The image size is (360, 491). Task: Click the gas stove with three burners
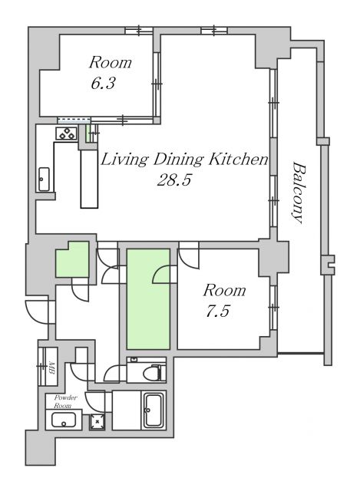click(67, 133)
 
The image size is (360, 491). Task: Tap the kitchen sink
click(44, 179)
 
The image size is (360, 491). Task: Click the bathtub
click(154, 410)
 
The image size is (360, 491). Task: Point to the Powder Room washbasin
click(64, 420)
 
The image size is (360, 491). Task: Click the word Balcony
click(299, 193)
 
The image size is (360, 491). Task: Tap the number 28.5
click(173, 180)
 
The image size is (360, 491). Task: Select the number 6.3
click(103, 83)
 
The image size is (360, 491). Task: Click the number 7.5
click(218, 311)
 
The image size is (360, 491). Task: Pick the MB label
click(51, 368)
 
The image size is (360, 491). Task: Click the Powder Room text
click(64, 401)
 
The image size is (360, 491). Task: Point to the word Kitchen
click(239, 159)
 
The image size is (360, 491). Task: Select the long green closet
click(148, 299)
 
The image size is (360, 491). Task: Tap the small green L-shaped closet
click(72, 259)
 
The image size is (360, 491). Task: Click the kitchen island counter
click(89, 179)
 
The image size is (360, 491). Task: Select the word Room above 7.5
click(224, 290)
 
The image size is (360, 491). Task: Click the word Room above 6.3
click(111, 62)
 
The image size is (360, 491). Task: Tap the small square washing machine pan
click(97, 422)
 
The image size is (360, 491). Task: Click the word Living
click(124, 160)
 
